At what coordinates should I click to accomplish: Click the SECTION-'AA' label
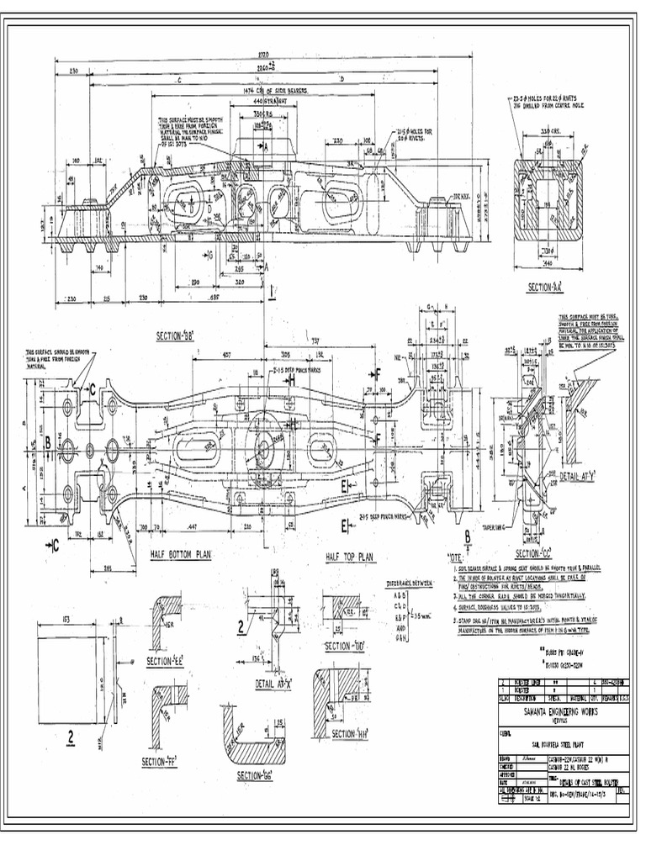coord(545,288)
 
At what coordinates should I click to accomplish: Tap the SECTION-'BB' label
coord(177,336)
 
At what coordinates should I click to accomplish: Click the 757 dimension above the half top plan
coord(314,341)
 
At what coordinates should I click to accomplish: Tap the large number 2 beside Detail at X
coord(241,626)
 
